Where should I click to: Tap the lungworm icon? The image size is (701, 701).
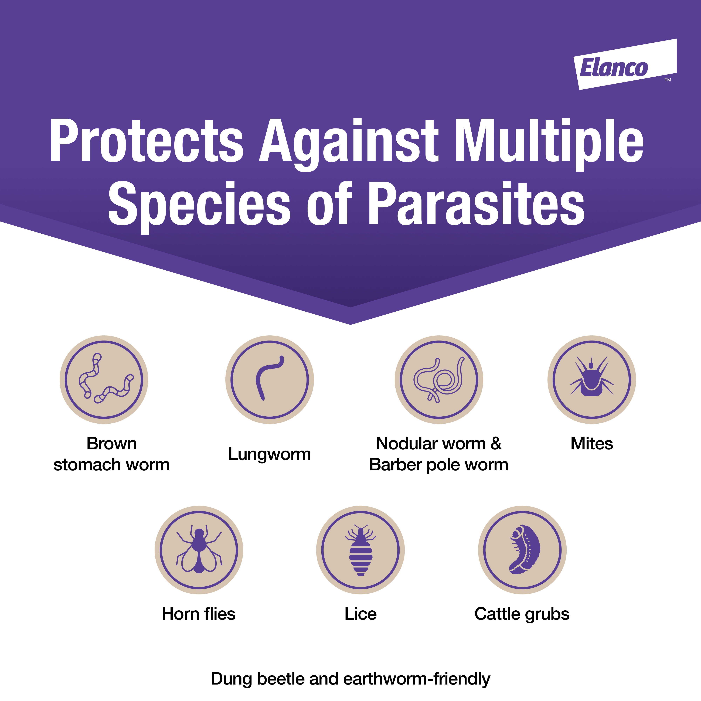pyautogui.click(x=270, y=380)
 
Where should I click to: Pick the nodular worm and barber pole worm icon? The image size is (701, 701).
pyautogui.click(x=439, y=380)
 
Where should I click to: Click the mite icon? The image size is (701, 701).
pyautogui.click(x=592, y=380)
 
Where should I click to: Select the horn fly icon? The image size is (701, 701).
pyautogui.click(x=199, y=550)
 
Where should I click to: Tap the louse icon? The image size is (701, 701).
pyautogui.click(x=360, y=550)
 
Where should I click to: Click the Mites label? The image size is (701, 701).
pyautogui.click(x=592, y=443)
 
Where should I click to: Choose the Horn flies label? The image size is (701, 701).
pyautogui.click(x=199, y=614)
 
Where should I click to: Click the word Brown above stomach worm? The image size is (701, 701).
pyautogui.click(x=111, y=443)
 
